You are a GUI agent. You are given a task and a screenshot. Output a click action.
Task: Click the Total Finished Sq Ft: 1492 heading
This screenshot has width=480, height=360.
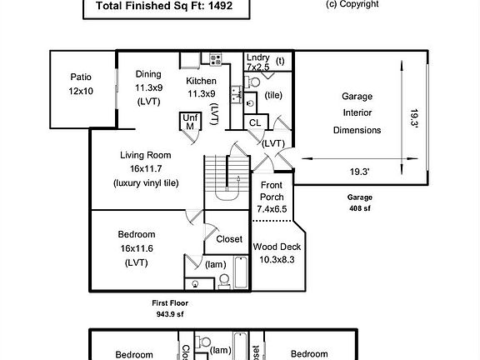(164, 6)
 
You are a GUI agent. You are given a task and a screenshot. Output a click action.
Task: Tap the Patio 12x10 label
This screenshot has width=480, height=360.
(81, 84)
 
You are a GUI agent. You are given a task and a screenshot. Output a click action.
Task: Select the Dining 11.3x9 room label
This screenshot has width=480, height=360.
(148, 87)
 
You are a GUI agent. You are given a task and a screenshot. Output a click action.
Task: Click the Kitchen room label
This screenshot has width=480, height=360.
(201, 81)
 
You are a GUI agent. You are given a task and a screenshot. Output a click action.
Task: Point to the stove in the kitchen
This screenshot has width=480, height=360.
(216, 59)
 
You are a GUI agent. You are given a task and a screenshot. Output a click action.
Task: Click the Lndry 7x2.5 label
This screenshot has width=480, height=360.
(258, 62)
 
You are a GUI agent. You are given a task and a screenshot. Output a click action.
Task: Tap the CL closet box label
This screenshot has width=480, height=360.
(255, 122)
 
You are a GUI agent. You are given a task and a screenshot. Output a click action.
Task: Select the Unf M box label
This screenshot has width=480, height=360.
(190, 122)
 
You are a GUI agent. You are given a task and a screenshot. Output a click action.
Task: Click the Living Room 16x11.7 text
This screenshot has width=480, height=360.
(146, 162)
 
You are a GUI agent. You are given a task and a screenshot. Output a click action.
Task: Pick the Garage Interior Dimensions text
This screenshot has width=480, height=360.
(357, 113)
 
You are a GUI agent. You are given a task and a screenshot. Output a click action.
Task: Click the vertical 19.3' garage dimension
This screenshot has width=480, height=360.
(414, 117)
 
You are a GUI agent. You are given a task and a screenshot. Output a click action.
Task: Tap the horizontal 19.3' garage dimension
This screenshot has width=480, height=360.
(360, 172)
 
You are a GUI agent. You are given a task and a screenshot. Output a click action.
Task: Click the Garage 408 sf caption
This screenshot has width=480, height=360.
(360, 202)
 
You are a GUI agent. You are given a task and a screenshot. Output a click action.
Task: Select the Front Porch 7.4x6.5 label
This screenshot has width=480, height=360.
(272, 197)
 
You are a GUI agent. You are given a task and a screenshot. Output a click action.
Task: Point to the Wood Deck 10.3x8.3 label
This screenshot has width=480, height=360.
(277, 252)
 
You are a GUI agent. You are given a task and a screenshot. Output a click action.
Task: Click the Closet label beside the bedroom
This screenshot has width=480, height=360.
(229, 239)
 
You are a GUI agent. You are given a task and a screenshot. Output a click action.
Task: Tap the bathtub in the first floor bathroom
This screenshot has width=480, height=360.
(241, 272)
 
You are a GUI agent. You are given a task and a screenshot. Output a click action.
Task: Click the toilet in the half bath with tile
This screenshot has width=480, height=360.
(252, 82)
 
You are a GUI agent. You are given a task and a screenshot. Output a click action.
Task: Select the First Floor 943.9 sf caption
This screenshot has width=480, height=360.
(170, 308)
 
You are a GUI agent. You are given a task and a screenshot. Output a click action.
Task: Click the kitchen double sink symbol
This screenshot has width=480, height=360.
(236, 95)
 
